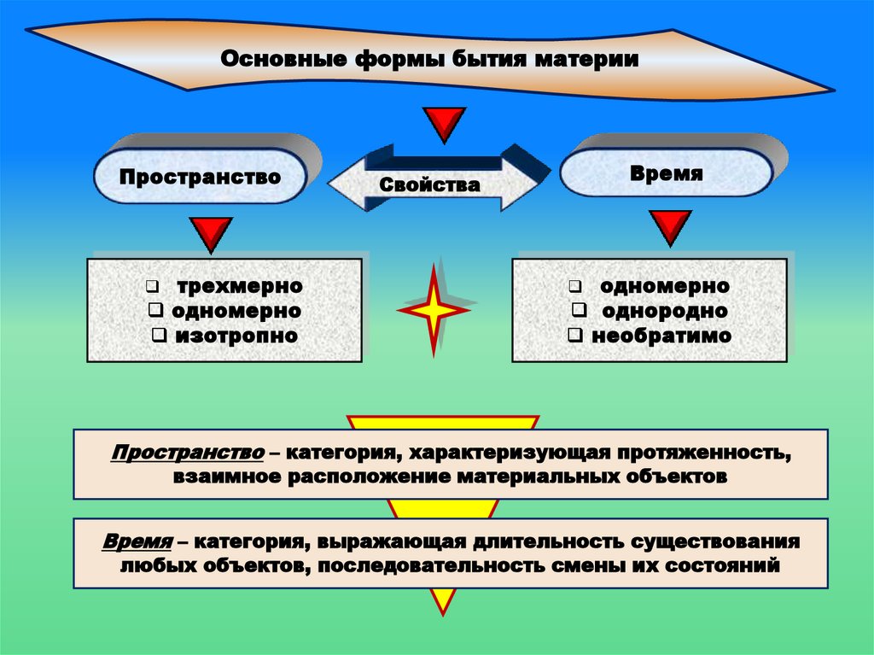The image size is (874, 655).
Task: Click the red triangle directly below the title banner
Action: point(445,124)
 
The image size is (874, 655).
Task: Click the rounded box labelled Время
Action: point(667,173)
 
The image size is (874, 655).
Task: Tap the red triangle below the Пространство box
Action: point(210,234)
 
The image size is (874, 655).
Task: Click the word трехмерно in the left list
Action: point(240,286)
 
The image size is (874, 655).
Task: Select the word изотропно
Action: point(236,336)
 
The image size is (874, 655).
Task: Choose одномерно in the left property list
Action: point(236,311)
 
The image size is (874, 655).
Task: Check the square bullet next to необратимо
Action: point(576,336)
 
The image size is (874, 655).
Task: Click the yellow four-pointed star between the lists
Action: point(434,310)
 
